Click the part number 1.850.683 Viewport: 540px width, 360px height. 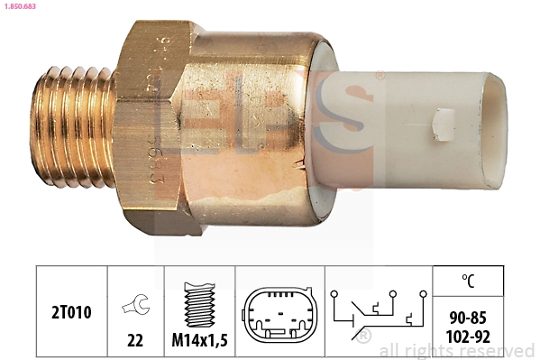click(19, 7)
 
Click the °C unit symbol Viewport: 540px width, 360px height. click(467, 281)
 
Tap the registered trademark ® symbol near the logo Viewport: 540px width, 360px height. click(380, 76)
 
